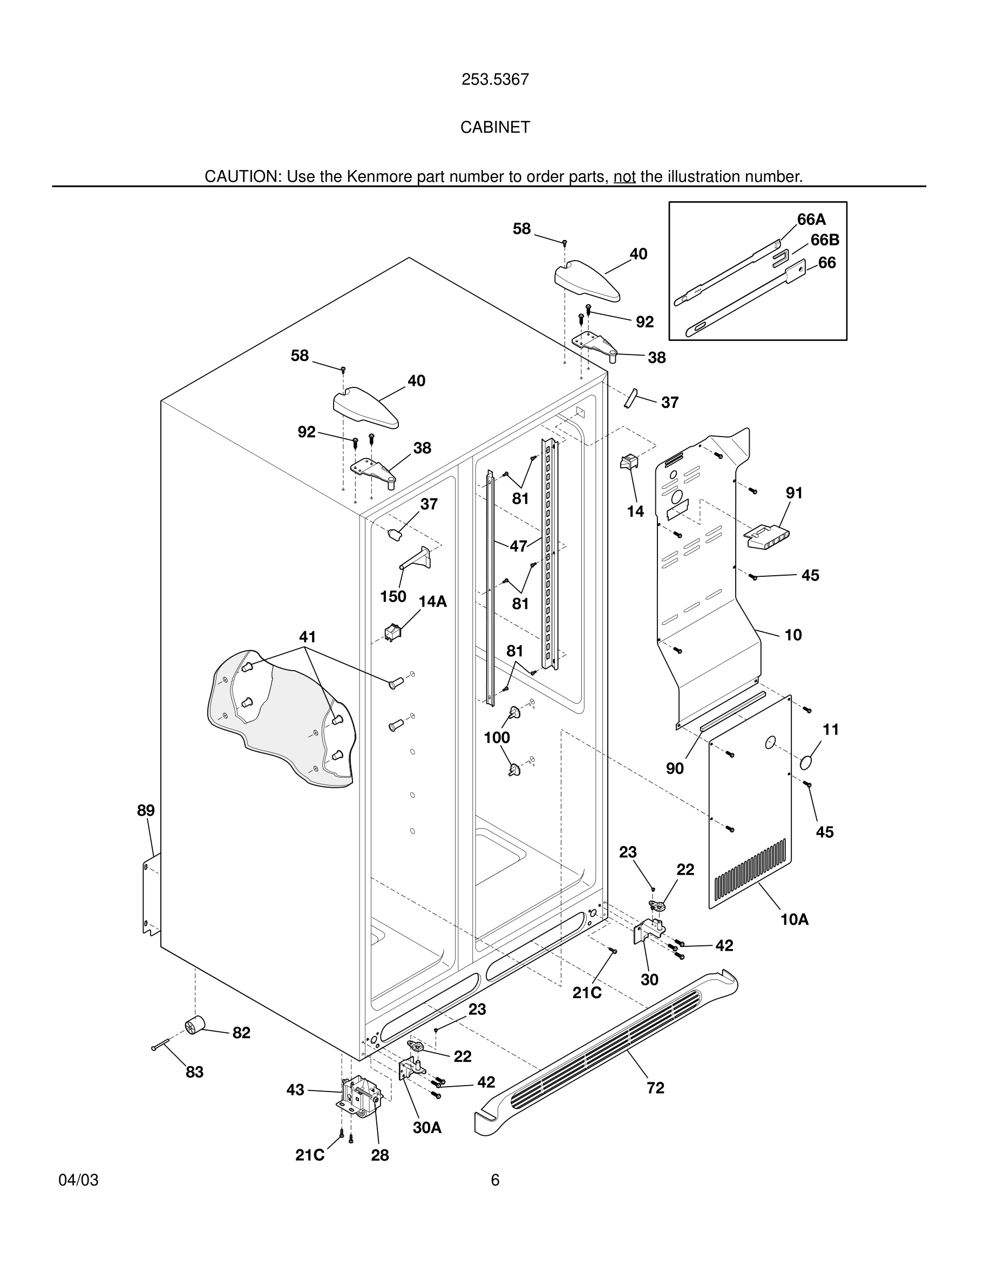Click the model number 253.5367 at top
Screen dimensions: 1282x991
[495, 79]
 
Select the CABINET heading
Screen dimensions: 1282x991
[495, 127]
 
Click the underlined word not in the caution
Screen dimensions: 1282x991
[624, 176]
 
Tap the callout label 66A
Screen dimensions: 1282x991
[811, 220]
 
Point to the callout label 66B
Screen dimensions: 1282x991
[824, 240]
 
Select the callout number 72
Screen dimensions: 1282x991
[655, 1088]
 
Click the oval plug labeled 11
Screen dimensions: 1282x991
[809, 763]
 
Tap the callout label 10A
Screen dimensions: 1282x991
[794, 920]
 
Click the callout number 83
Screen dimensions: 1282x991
[194, 1073]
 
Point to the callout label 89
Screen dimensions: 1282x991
[146, 810]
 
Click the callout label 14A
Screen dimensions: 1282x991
[433, 602]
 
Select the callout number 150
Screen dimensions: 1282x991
[393, 597]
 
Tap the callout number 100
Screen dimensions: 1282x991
[496, 738]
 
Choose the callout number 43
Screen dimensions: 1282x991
[295, 1090]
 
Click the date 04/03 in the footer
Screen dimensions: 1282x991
[78, 1181]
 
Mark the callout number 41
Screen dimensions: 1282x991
[307, 637]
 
